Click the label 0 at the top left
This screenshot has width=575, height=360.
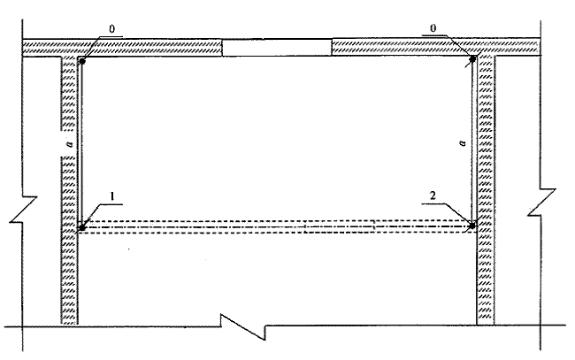[111, 29]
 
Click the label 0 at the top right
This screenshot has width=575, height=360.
[433, 28]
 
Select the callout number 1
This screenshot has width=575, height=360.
[112, 196]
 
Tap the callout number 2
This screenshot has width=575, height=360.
[433, 195]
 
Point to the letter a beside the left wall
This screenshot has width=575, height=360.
[70, 144]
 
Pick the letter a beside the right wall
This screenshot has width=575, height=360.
[463, 142]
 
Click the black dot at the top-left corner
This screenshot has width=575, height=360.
[82, 62]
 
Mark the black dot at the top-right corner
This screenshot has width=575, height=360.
[472, 58]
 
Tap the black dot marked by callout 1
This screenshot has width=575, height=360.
[82, 227]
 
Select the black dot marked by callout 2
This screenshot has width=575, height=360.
[472, 226]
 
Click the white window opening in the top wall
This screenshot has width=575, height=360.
[277, 48]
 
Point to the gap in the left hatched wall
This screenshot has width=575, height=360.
[69, 143]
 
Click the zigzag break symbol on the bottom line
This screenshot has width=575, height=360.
[243, 326]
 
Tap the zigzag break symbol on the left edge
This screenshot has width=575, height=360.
[24, 210]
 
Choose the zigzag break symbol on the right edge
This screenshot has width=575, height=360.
[541, 202]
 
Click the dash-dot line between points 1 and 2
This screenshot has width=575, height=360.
[277, 227]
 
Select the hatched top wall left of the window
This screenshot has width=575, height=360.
[122, 48]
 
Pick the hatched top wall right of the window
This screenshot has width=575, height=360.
[435, 47]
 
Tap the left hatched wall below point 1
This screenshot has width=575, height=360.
[69, 278]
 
